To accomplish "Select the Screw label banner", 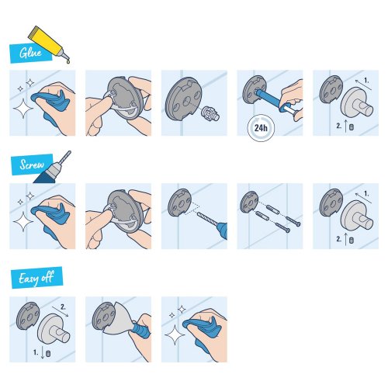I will [29, 164].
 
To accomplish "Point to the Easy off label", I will [36, 275].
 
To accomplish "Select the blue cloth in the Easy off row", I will [202, 324].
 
